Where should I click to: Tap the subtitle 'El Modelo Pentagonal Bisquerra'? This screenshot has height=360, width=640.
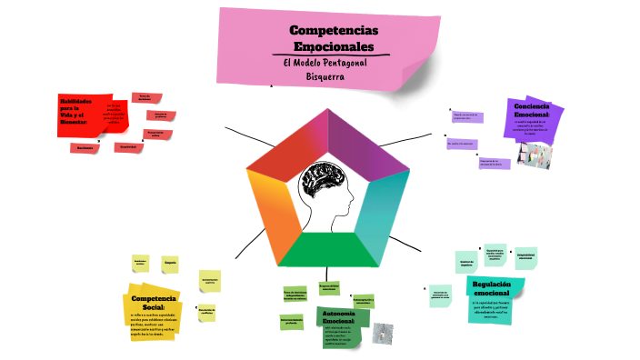[x=325, y=68]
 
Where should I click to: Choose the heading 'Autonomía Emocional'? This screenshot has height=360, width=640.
[x=338, y=317]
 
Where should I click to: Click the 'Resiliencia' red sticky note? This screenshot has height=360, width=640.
[x=85, y=147]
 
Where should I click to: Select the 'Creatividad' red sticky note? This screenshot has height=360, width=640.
[x=127, y=146]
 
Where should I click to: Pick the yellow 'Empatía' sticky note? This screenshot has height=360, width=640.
[x=170, y=264]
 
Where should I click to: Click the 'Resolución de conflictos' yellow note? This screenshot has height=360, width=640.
[x=206, y=311]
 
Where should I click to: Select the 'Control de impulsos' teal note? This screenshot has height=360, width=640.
[x=467, y=262]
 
